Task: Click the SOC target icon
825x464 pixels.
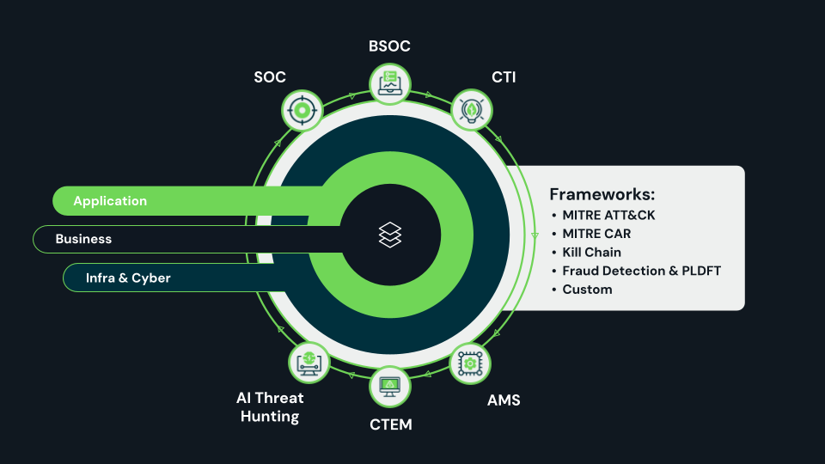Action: tap(302, 110)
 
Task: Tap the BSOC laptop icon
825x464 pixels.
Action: tap(390, 82)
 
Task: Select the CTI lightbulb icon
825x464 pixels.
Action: tap(471, 110)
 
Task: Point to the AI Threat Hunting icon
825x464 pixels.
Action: tap(309, 363)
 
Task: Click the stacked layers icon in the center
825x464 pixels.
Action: tap(390, 235)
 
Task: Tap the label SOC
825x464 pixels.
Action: tap(270, 77)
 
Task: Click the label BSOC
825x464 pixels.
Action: tap(389, 46)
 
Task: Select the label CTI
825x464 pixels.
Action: tap(504, 77)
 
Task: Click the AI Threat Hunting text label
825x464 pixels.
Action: tap(270, 407)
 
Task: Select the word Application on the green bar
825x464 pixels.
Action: tap(110, 201)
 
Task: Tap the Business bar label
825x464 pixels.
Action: tap(83, 239)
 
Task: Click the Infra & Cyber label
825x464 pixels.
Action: tap(128, 278)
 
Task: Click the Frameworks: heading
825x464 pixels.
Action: tap(602, 194)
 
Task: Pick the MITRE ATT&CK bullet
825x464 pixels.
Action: tap(608, 215)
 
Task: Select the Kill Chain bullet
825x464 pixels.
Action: tap(591, 252)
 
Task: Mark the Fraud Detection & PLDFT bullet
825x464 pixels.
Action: tap(641, 271)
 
